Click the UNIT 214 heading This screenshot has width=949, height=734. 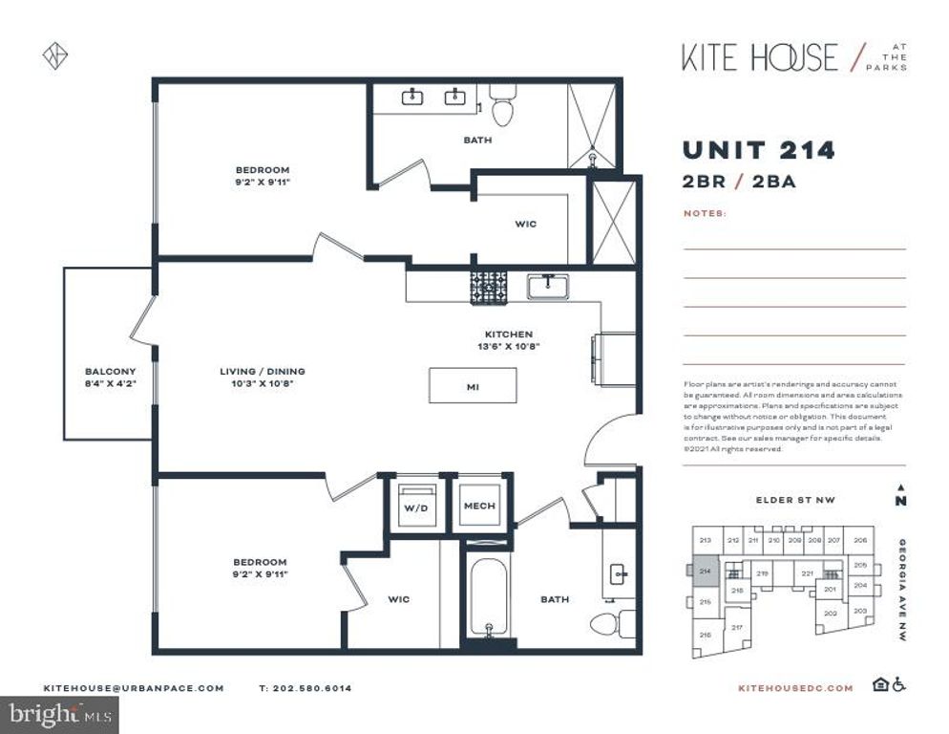[x=758, y=150]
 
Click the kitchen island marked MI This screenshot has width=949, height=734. [x=473, y=387]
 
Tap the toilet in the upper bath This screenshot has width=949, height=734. [x=502, y=108]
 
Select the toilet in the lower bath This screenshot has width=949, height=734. [x=611, y=623]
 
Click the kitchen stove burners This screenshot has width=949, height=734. [x=488, y=288]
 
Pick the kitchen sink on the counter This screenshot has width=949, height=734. [x=548, y=286]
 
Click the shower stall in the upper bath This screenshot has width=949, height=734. [x=593, y=125]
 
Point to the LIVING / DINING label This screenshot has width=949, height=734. [x=262, y=377]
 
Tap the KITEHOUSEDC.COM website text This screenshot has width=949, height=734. [x=795, y=687]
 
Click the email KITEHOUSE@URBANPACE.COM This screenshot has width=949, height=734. [x=134, y=687]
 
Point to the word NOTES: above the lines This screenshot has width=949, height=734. [x=705, y=213]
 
